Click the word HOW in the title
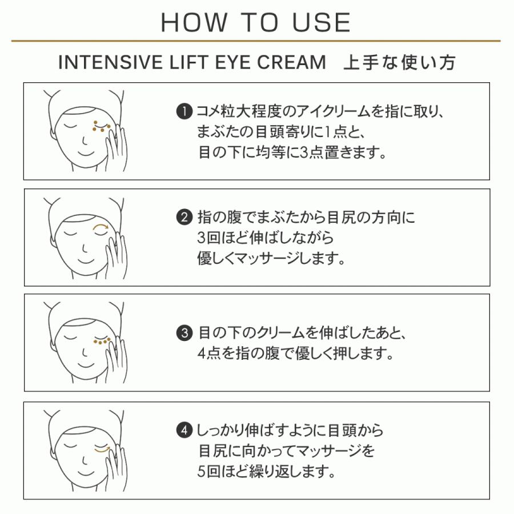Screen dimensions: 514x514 (x=194, y=23)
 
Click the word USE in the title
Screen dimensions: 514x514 (x=321, y=23)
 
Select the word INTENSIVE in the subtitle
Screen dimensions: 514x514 (x=110, y=62)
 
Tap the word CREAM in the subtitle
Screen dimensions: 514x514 (x=291, y=62)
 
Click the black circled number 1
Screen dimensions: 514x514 (x=184, y=112)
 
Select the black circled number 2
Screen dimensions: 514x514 (x=184, y=218)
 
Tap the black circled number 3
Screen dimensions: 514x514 (x=184, y=333)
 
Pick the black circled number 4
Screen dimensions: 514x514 (x=184, y=431)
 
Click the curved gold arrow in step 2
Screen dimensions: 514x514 (x=101, y=225)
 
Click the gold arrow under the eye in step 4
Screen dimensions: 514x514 (x=102, y=451)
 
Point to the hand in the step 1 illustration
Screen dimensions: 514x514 (x=116, y=147)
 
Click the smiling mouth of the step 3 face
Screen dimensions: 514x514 (x=86, y=364)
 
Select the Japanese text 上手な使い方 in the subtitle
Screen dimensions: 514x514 (x=399, y=62)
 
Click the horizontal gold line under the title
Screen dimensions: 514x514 (x=256, y=41)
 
